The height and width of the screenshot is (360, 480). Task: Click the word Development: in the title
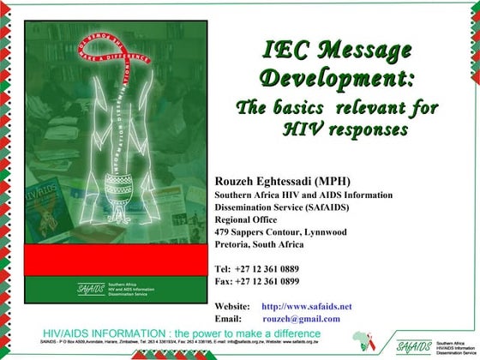pos(338,81)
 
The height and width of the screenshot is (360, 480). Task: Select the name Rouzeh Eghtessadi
pos(267,181)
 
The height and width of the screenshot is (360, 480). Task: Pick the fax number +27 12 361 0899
pos(270,280)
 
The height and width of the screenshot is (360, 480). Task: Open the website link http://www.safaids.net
pos(306,306)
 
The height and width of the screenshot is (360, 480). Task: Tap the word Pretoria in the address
pos(235,243)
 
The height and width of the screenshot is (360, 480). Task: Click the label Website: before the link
pos(232,306)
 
